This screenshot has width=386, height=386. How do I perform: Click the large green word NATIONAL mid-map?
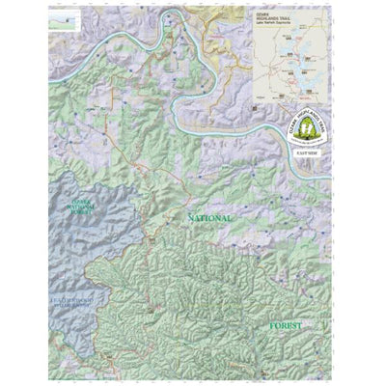click(207, 219)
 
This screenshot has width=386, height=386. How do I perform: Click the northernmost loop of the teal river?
click(175, 14)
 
